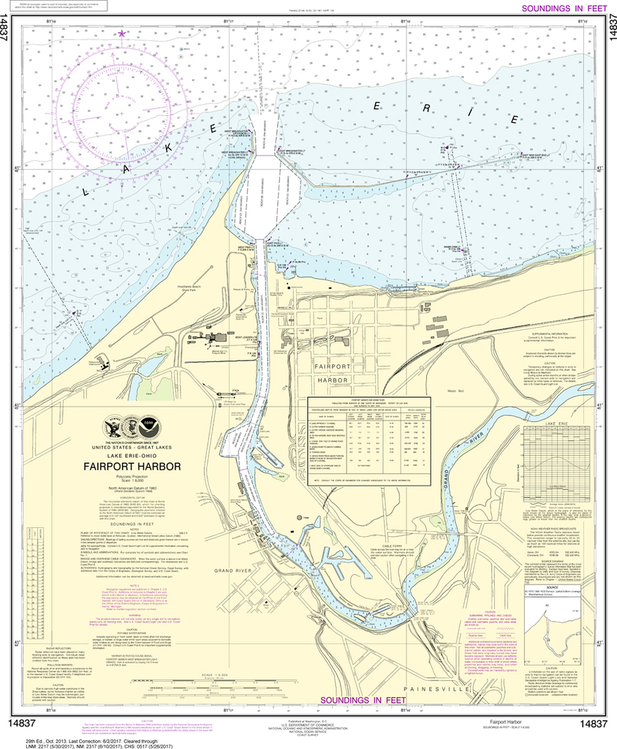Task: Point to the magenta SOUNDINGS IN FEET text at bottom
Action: point(363,700)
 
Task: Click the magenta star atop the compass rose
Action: point(122,33)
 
